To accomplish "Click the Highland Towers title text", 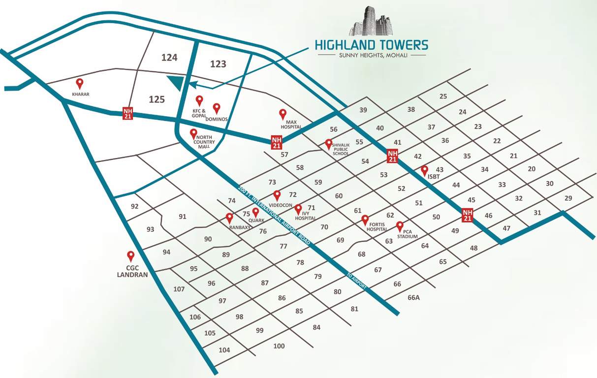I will [372, 45].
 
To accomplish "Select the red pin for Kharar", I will [79, 84].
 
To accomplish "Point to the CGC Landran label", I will [132, 271].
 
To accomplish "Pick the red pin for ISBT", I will [425, 170].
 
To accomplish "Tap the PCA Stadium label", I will [407, 234].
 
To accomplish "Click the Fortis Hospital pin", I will [365, 220].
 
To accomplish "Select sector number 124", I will [169, 58].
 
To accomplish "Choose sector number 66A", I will [413, 297].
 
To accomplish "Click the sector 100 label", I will [279, 346].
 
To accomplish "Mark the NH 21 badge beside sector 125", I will [128, 113].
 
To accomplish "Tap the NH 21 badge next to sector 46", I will [468, 215].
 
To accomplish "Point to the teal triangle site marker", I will [176, 84].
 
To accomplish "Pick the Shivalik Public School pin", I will [329, 144].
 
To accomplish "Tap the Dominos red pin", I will [217, 108].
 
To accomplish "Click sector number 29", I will [568, 198].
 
